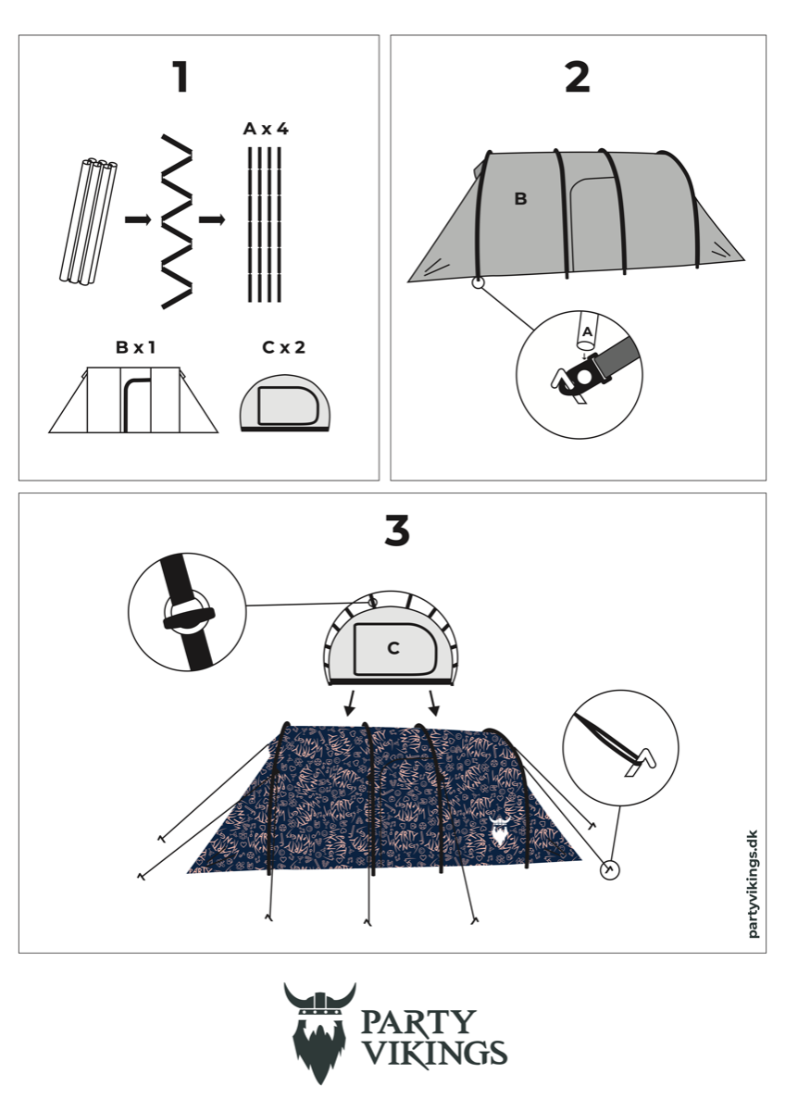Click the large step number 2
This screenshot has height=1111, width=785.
[578, 77]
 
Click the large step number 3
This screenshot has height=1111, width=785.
[397, 531]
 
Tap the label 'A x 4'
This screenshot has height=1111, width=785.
[266, 129]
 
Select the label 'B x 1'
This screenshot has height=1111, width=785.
[135, 347]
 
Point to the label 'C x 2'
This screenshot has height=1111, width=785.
[283, 347]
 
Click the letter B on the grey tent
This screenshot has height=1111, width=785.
[520, 198]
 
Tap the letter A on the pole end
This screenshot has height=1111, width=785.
[587, 331]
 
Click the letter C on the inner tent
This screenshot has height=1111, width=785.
[393, 648]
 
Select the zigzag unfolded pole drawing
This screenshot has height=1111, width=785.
[177, 221]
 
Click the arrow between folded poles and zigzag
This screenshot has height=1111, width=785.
[138, 219]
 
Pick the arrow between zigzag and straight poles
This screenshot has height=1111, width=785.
[212, 219]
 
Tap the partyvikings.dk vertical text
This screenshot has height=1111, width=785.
[754, 884]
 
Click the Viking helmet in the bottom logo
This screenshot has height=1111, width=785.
[320, 1002]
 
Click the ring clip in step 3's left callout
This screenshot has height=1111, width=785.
[189, 613]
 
